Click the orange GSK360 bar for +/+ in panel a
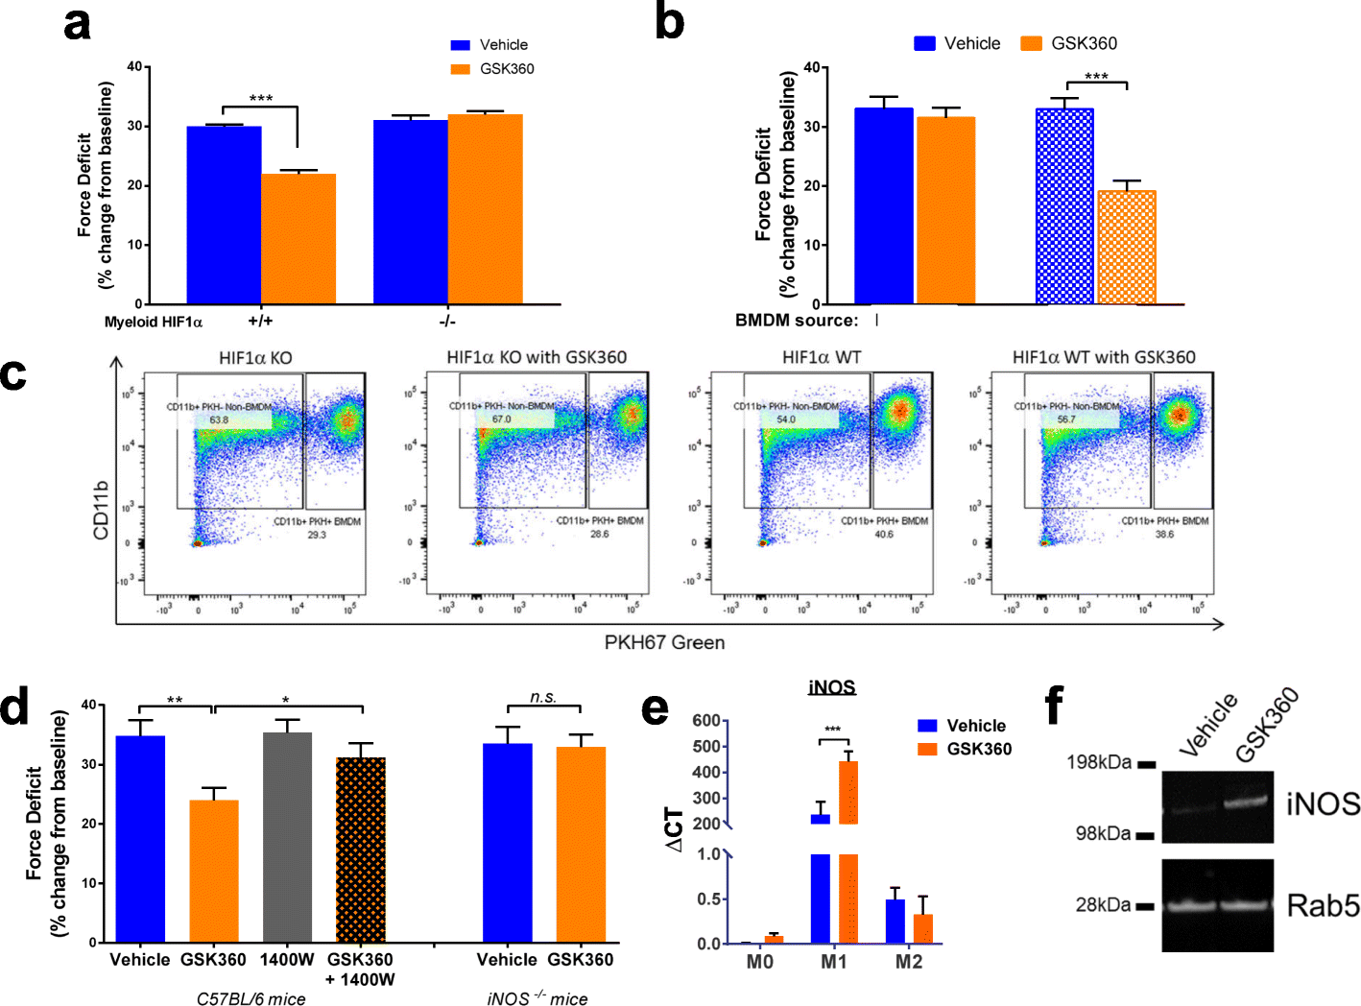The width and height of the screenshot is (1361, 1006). coord(298,239)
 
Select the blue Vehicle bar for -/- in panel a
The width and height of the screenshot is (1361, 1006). coord(411,211)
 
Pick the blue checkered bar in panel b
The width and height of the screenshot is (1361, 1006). coord(1064,206)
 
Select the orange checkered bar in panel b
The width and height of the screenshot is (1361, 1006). coord(1127,248)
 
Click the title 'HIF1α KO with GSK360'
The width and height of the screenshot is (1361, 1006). coord(537,357)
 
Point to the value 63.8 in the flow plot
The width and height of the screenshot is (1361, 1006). coord(219,419)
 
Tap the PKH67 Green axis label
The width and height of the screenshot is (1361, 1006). coord(664,642)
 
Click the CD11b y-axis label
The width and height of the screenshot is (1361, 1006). coord(101,509)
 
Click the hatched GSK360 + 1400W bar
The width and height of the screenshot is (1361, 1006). coord(361,850)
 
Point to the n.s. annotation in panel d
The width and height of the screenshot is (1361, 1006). coord(543,697)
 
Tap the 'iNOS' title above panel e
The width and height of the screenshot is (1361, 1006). coord(831,687)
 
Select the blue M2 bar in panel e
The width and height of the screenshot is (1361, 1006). coord(895,922)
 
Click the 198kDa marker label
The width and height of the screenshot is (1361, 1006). coord(1099,762)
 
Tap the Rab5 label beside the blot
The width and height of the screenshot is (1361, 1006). coord(1323,905)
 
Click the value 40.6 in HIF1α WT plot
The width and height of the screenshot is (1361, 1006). coord(883,534)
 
